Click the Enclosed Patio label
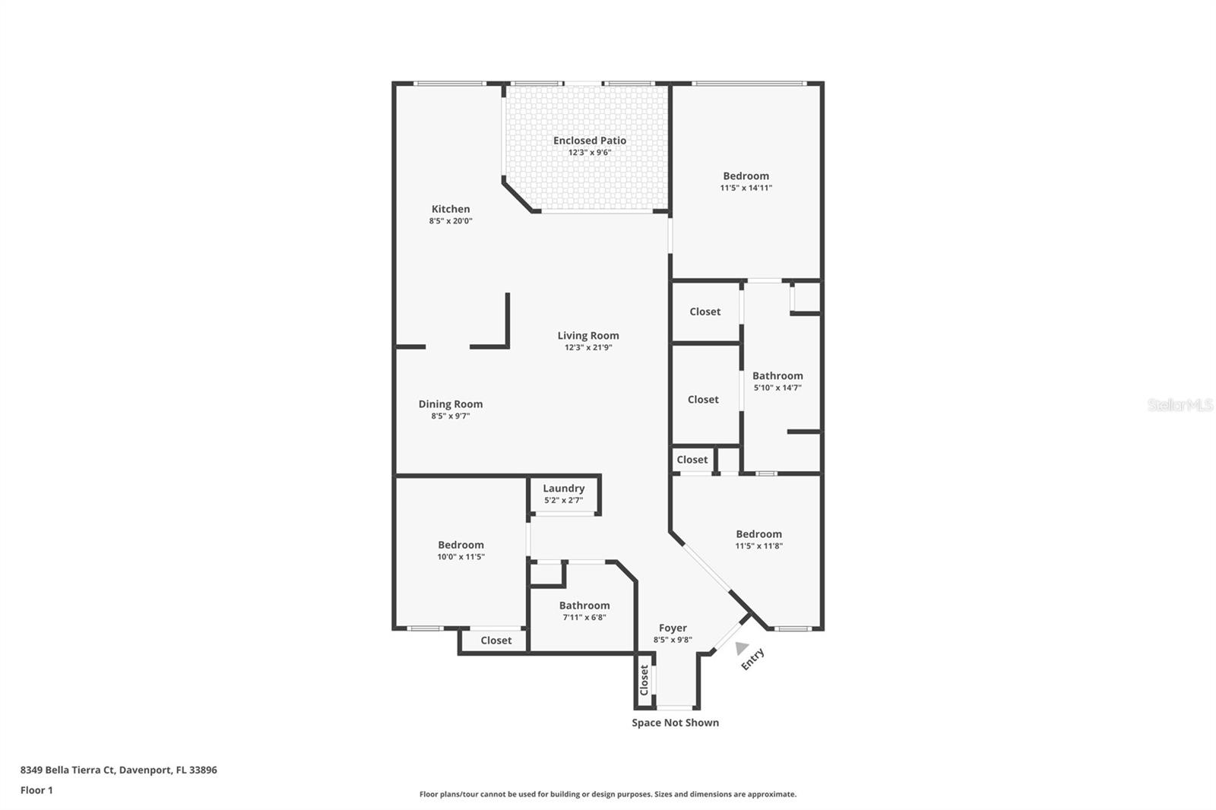(x=590, y=141)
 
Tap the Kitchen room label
(x=451, y=209)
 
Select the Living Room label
(x=588, y=335)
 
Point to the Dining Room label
(x=451, y=404)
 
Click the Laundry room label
(x=563, y=489)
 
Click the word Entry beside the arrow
(x=752, y=659)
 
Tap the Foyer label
(x=673, y=628)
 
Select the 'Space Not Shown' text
(x=675, y=723)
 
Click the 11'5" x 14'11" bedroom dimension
(x=746, y=188)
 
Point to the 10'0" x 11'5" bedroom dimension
(x=461, y=557)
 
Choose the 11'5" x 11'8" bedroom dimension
(x=758, y=546)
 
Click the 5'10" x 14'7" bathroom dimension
(x=777, y=388)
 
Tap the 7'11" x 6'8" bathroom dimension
(x=584, y=618)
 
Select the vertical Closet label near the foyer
(x=644, y=680)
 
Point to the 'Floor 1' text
(x=36, y=790)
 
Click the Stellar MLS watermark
(x=1180, y=405)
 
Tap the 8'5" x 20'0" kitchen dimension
(x=451, y=221)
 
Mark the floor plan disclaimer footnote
(x=608, y=794)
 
